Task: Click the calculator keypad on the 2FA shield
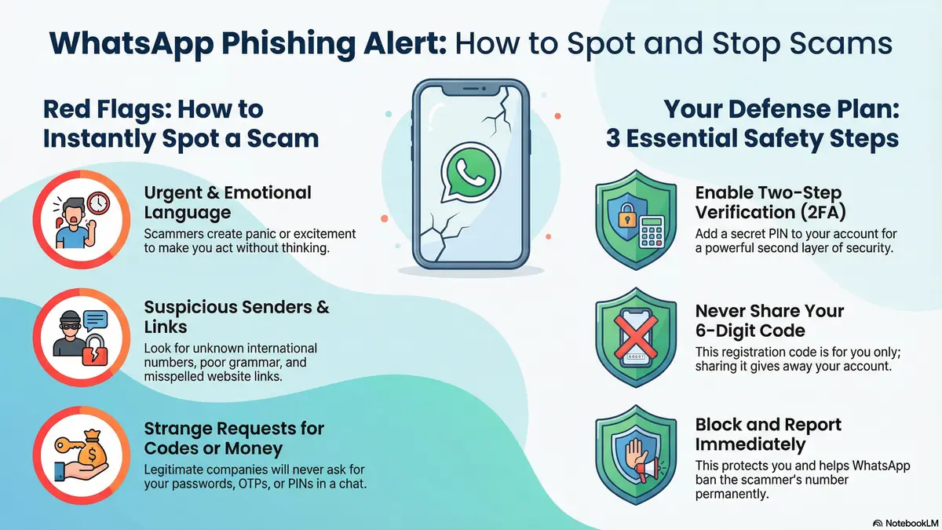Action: (x=649, y=232)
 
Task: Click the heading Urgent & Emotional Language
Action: (x=228, y=203)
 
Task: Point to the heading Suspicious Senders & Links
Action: (x=236, y=317)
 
